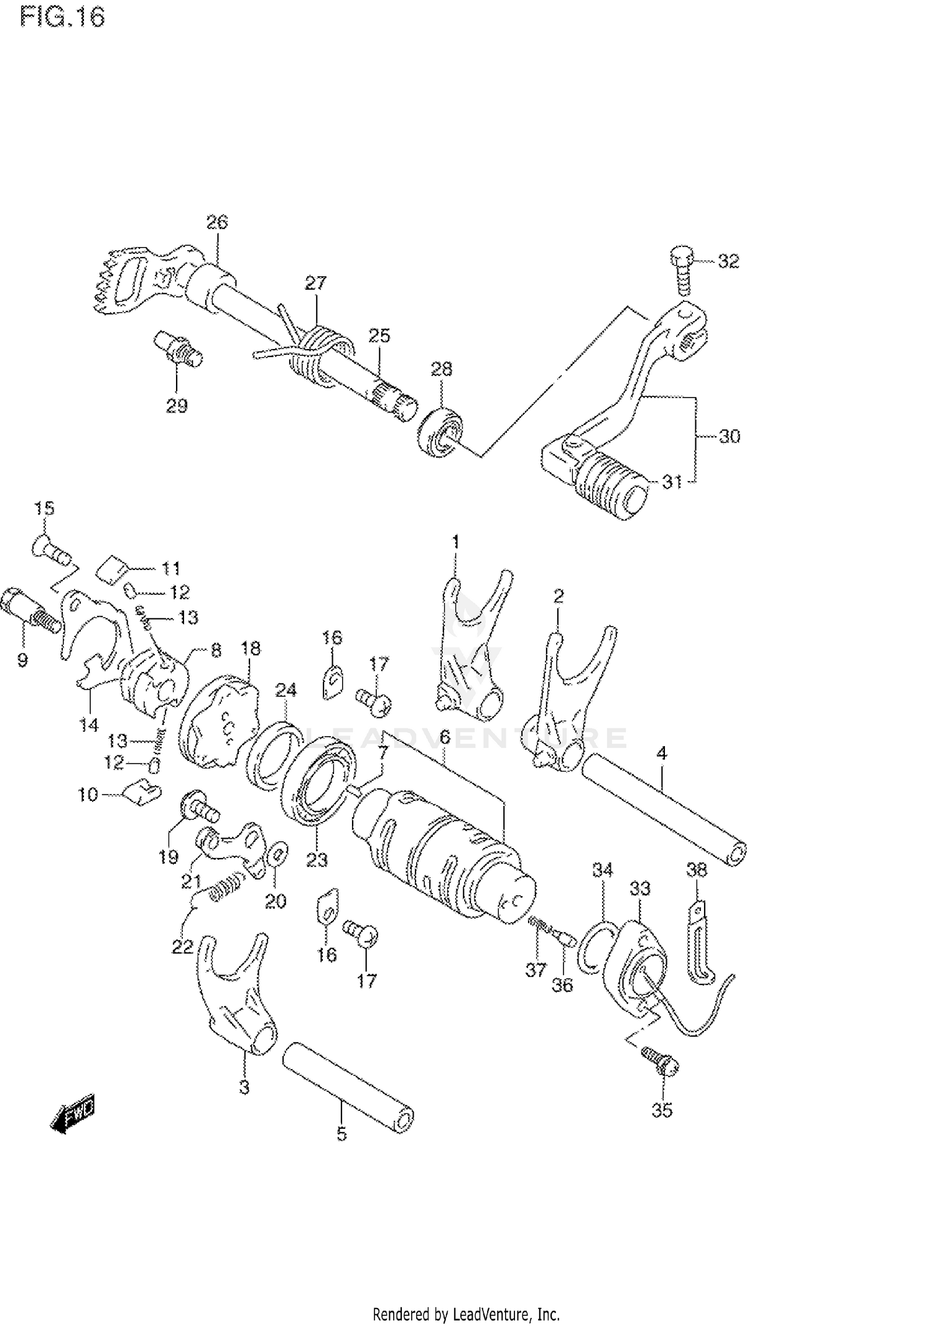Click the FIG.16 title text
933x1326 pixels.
click(63, 17)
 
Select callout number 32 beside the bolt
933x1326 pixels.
click(728, 261)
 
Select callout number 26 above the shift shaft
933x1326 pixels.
click(217, 222)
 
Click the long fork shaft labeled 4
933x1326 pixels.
click(666, 809)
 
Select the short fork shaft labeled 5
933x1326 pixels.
click(348, 1088)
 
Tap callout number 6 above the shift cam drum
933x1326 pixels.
click(444, 737)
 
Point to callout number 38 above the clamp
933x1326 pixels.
click(697, 870)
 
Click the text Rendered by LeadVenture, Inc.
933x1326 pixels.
click(466, 1314)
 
